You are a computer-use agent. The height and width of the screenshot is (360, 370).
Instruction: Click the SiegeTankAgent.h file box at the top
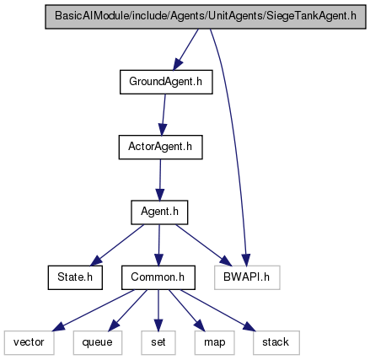(206, 17)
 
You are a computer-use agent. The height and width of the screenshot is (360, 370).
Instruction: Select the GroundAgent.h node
(166, 82)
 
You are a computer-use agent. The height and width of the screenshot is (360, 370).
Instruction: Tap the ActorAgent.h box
(160, 147)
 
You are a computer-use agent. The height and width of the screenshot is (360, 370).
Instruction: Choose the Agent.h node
(159, 212)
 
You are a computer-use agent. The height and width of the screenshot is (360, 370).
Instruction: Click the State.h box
(75, 277)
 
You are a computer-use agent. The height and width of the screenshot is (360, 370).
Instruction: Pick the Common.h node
(158, 277)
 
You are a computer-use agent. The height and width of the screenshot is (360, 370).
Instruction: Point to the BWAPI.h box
(247, 277)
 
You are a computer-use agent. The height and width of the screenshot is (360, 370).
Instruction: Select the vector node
(29, 342)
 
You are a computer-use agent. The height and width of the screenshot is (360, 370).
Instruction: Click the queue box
(98, 342)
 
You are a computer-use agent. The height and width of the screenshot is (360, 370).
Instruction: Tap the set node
(158, 342)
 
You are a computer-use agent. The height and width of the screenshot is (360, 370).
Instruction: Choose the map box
(214, 342)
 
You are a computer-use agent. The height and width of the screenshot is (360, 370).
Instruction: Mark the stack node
(276, 342)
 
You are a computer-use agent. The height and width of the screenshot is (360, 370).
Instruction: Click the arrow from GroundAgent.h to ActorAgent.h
(164, 115)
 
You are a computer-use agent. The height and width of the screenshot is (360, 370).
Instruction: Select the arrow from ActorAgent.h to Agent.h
(160, 180)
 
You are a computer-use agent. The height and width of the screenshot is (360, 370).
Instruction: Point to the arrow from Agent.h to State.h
(117, 244)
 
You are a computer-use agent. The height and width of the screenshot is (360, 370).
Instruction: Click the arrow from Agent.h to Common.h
(159, 244)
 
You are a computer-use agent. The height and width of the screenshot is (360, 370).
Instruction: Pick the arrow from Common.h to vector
(94, 310)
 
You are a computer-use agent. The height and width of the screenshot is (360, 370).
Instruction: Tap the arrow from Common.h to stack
(218, 310)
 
